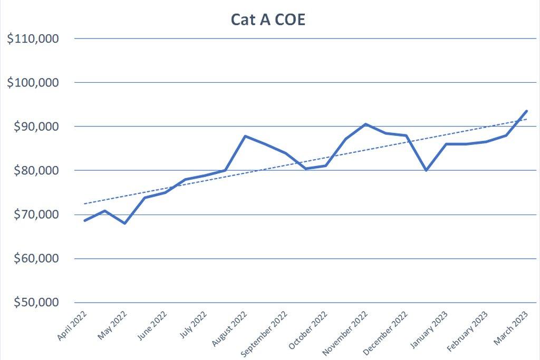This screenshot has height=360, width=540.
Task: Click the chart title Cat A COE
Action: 268,20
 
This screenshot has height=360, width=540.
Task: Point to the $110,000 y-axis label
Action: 33,38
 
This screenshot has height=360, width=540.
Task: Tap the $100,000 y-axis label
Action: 33,83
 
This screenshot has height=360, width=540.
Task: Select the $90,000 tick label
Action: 35,127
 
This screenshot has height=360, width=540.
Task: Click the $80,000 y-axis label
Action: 35,171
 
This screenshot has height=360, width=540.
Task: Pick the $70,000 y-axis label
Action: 35,215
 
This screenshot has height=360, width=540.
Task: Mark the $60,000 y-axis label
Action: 35,259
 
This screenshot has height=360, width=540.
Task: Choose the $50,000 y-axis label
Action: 35,303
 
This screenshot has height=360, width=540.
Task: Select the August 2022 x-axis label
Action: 229,327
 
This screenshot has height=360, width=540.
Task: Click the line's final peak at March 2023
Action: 527,111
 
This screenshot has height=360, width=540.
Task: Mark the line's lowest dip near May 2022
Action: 125,223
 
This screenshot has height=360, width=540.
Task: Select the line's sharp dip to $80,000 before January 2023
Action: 426,170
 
